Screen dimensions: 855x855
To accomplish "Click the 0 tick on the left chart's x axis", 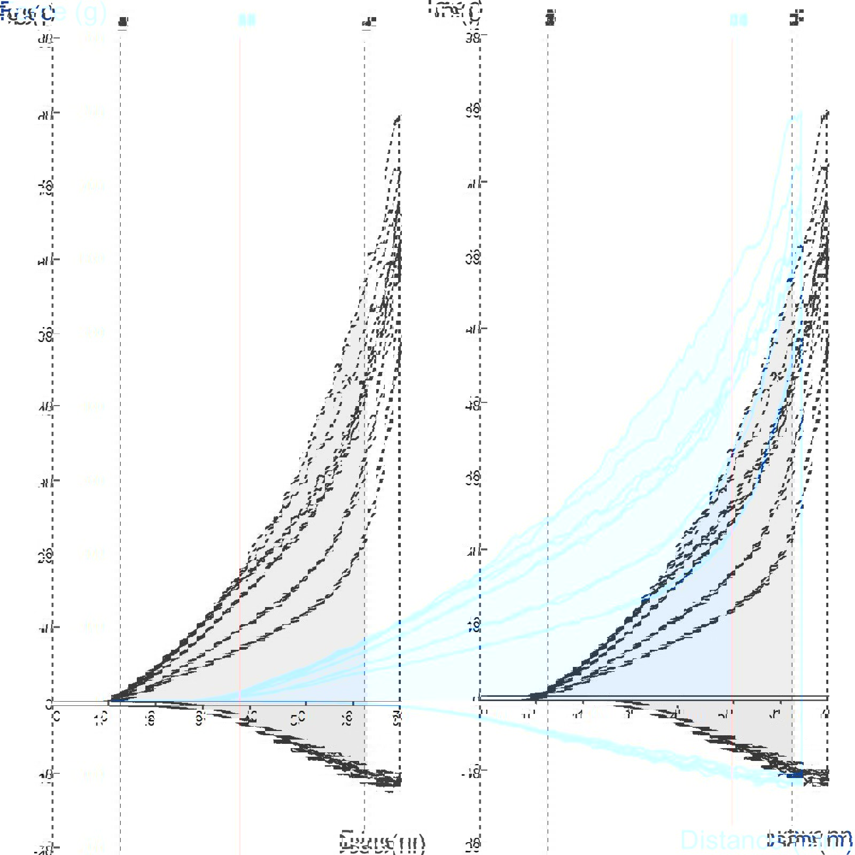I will coord(56,717).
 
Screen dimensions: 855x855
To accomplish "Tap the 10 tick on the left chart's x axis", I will coord(102,717).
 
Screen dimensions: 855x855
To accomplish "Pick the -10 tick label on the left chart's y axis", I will coord(45,774).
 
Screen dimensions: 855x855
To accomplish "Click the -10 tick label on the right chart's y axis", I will coord(472,771).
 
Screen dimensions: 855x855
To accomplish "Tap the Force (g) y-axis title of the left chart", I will coord(53,13).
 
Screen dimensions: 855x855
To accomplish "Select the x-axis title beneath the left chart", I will coord(383,842).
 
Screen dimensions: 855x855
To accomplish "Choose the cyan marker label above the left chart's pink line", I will coord(247,20).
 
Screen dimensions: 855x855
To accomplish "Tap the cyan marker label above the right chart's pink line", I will coord(739,20).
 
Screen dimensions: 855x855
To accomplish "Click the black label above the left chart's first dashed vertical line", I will coord(123,21).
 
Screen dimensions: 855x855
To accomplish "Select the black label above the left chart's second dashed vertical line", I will coord(369,21).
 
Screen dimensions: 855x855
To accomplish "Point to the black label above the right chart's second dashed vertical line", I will coord(796,20).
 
